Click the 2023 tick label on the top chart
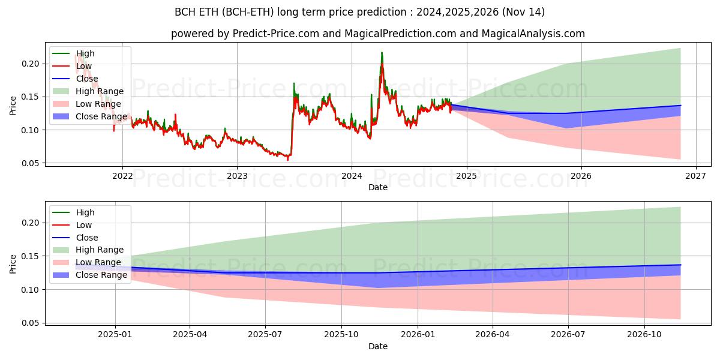point(237,176)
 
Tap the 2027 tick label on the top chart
point(695,176)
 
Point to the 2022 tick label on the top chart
point(122,176)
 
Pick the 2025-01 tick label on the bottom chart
point(115,335)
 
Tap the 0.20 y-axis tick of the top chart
point(31,64)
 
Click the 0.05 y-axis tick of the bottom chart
point(31,323)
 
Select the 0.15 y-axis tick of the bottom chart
point(31,256)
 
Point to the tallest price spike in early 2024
point(382,53)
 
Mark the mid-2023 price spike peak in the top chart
point(293,83)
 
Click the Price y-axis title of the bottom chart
point(13,263)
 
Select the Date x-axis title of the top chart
point(378,187)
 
